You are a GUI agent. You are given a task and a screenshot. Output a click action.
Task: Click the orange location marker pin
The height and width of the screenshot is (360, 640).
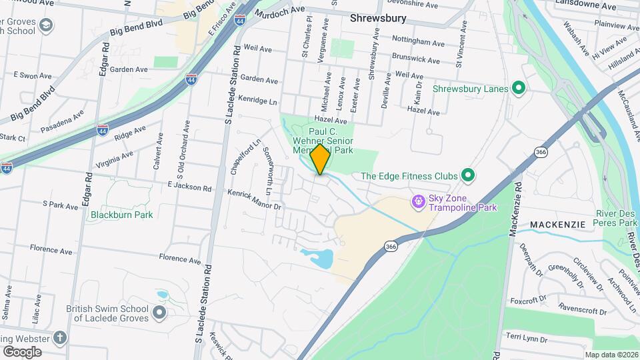click(x=320, y=159)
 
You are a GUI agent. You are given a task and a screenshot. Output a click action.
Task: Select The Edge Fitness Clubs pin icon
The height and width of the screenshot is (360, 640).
click(x=468, y=176)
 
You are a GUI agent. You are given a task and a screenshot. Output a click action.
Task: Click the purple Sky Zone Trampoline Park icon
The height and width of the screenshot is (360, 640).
click(x=418, y=200)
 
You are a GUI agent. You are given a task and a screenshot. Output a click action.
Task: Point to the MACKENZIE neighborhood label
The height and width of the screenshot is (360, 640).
click(x=559, y=225)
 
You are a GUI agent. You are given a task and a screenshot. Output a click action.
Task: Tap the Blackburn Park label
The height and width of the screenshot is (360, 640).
click(x=122, y=215)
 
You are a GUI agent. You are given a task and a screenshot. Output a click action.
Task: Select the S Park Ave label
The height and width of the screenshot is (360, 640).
click(x=60, y=205)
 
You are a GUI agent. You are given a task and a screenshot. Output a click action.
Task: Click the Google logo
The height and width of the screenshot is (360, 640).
click(x=22, y=351)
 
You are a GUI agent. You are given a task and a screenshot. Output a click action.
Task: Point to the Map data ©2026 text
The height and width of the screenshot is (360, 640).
click(x=611, y=355)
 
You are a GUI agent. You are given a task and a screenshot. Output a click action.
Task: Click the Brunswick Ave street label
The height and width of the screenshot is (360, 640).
click(x=416, y=59)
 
